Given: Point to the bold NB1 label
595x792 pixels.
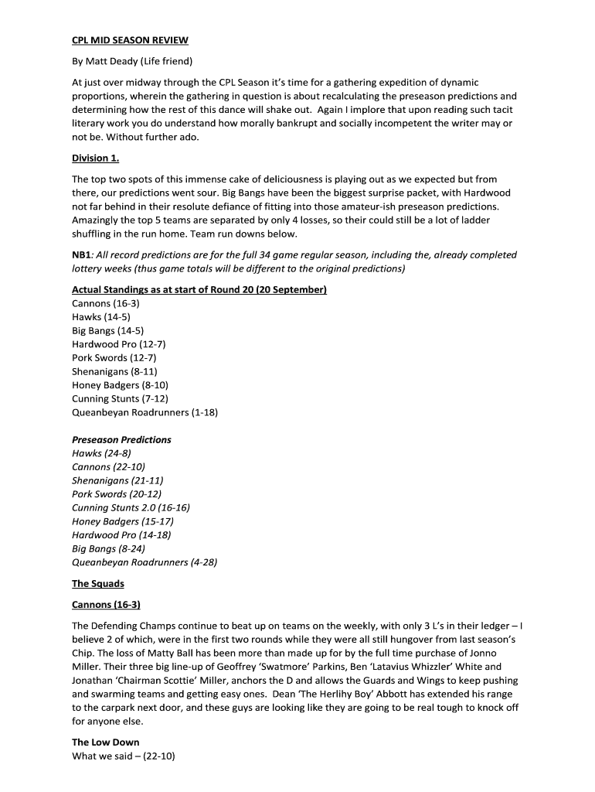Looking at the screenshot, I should pyautogui.click(x=82, y=254).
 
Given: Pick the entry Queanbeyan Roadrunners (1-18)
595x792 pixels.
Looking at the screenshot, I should pyautogui.click(x=144, y=412).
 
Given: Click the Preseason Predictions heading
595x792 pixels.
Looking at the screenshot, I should pyautogui.click(x=121, y=439).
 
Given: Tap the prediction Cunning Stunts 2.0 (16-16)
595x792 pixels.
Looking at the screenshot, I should pyautogui.click(x=131, y=507).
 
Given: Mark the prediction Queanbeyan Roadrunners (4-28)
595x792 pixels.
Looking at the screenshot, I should pyautogui.click(x=144, y=562).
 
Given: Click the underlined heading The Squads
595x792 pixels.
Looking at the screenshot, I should pyautogui.click(x=98, y=583).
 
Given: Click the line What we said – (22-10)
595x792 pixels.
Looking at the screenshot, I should pyautogui.click(x=124, y=756).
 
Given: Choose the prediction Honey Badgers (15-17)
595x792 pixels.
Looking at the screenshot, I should pyautogui.click(x=123, y=521).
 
